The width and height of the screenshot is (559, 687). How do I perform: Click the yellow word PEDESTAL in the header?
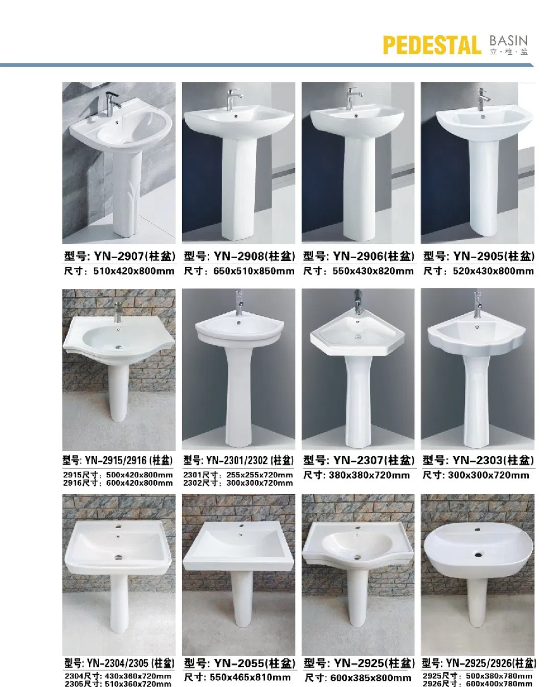coord(432,45)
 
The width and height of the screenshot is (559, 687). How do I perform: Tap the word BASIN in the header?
coord(508,41)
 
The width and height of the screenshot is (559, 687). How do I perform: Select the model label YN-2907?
coord(119,256)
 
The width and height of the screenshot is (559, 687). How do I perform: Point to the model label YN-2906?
coord(357,256)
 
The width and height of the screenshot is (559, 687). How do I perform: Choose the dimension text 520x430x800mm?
coord(493,271)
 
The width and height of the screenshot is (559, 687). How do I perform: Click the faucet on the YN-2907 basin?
coord(113,104)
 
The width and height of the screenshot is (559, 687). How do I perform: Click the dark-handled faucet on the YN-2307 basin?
coord(358,302)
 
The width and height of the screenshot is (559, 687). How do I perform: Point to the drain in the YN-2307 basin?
coord(357,337)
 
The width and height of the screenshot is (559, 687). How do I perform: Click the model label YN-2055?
coord(239,663)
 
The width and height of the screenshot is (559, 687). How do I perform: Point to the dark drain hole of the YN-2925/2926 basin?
coord(478,555)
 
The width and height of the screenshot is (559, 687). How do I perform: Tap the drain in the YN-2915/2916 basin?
coord(119,348)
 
